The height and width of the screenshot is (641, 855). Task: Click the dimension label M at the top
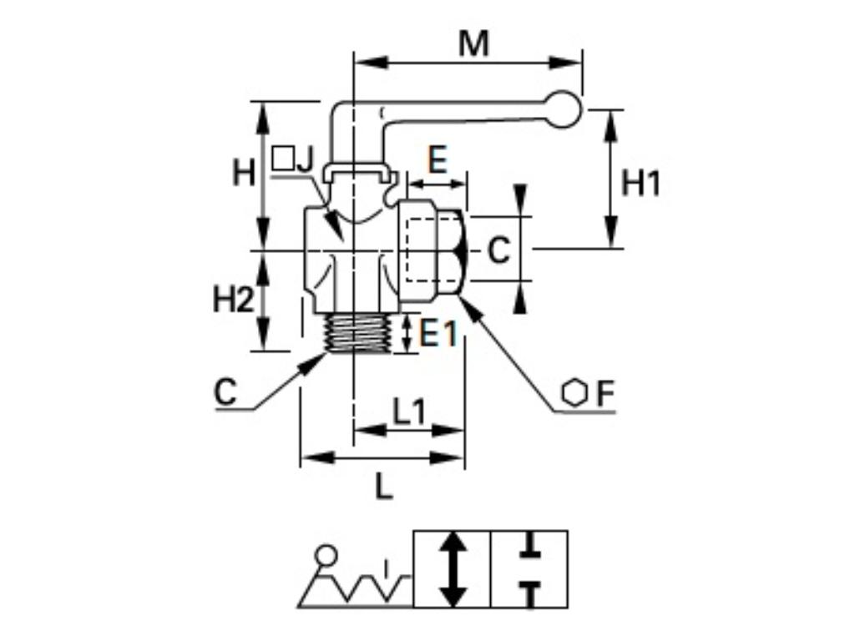tap(473, 43)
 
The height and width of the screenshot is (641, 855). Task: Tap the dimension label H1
tap(640, 183)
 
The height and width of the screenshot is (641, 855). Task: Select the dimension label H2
tap(232, 299)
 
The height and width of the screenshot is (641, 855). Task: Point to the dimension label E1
tap(438, 334)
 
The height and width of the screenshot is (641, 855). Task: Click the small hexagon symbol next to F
tap(574, 393)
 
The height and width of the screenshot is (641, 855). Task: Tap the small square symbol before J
tap(283, 158)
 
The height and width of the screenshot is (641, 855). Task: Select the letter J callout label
tap(304, 159)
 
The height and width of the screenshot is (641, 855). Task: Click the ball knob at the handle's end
tap(566, 109)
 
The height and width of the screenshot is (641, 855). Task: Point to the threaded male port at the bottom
tap(357, 333)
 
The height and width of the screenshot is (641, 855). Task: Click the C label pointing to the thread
tap(225, 392)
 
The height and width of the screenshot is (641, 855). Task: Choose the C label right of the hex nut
tap(498, 250)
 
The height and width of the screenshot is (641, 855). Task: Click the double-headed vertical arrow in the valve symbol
tap(453, 569)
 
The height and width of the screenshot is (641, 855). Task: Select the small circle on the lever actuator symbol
tap(326, 554)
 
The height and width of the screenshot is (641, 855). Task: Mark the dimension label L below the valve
tap(383, 487)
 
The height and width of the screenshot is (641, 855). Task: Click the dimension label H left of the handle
tap(244, 174)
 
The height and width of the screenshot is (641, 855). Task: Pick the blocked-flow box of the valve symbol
tap(529, 569)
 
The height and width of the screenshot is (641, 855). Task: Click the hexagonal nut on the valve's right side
tap(433, 249)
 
